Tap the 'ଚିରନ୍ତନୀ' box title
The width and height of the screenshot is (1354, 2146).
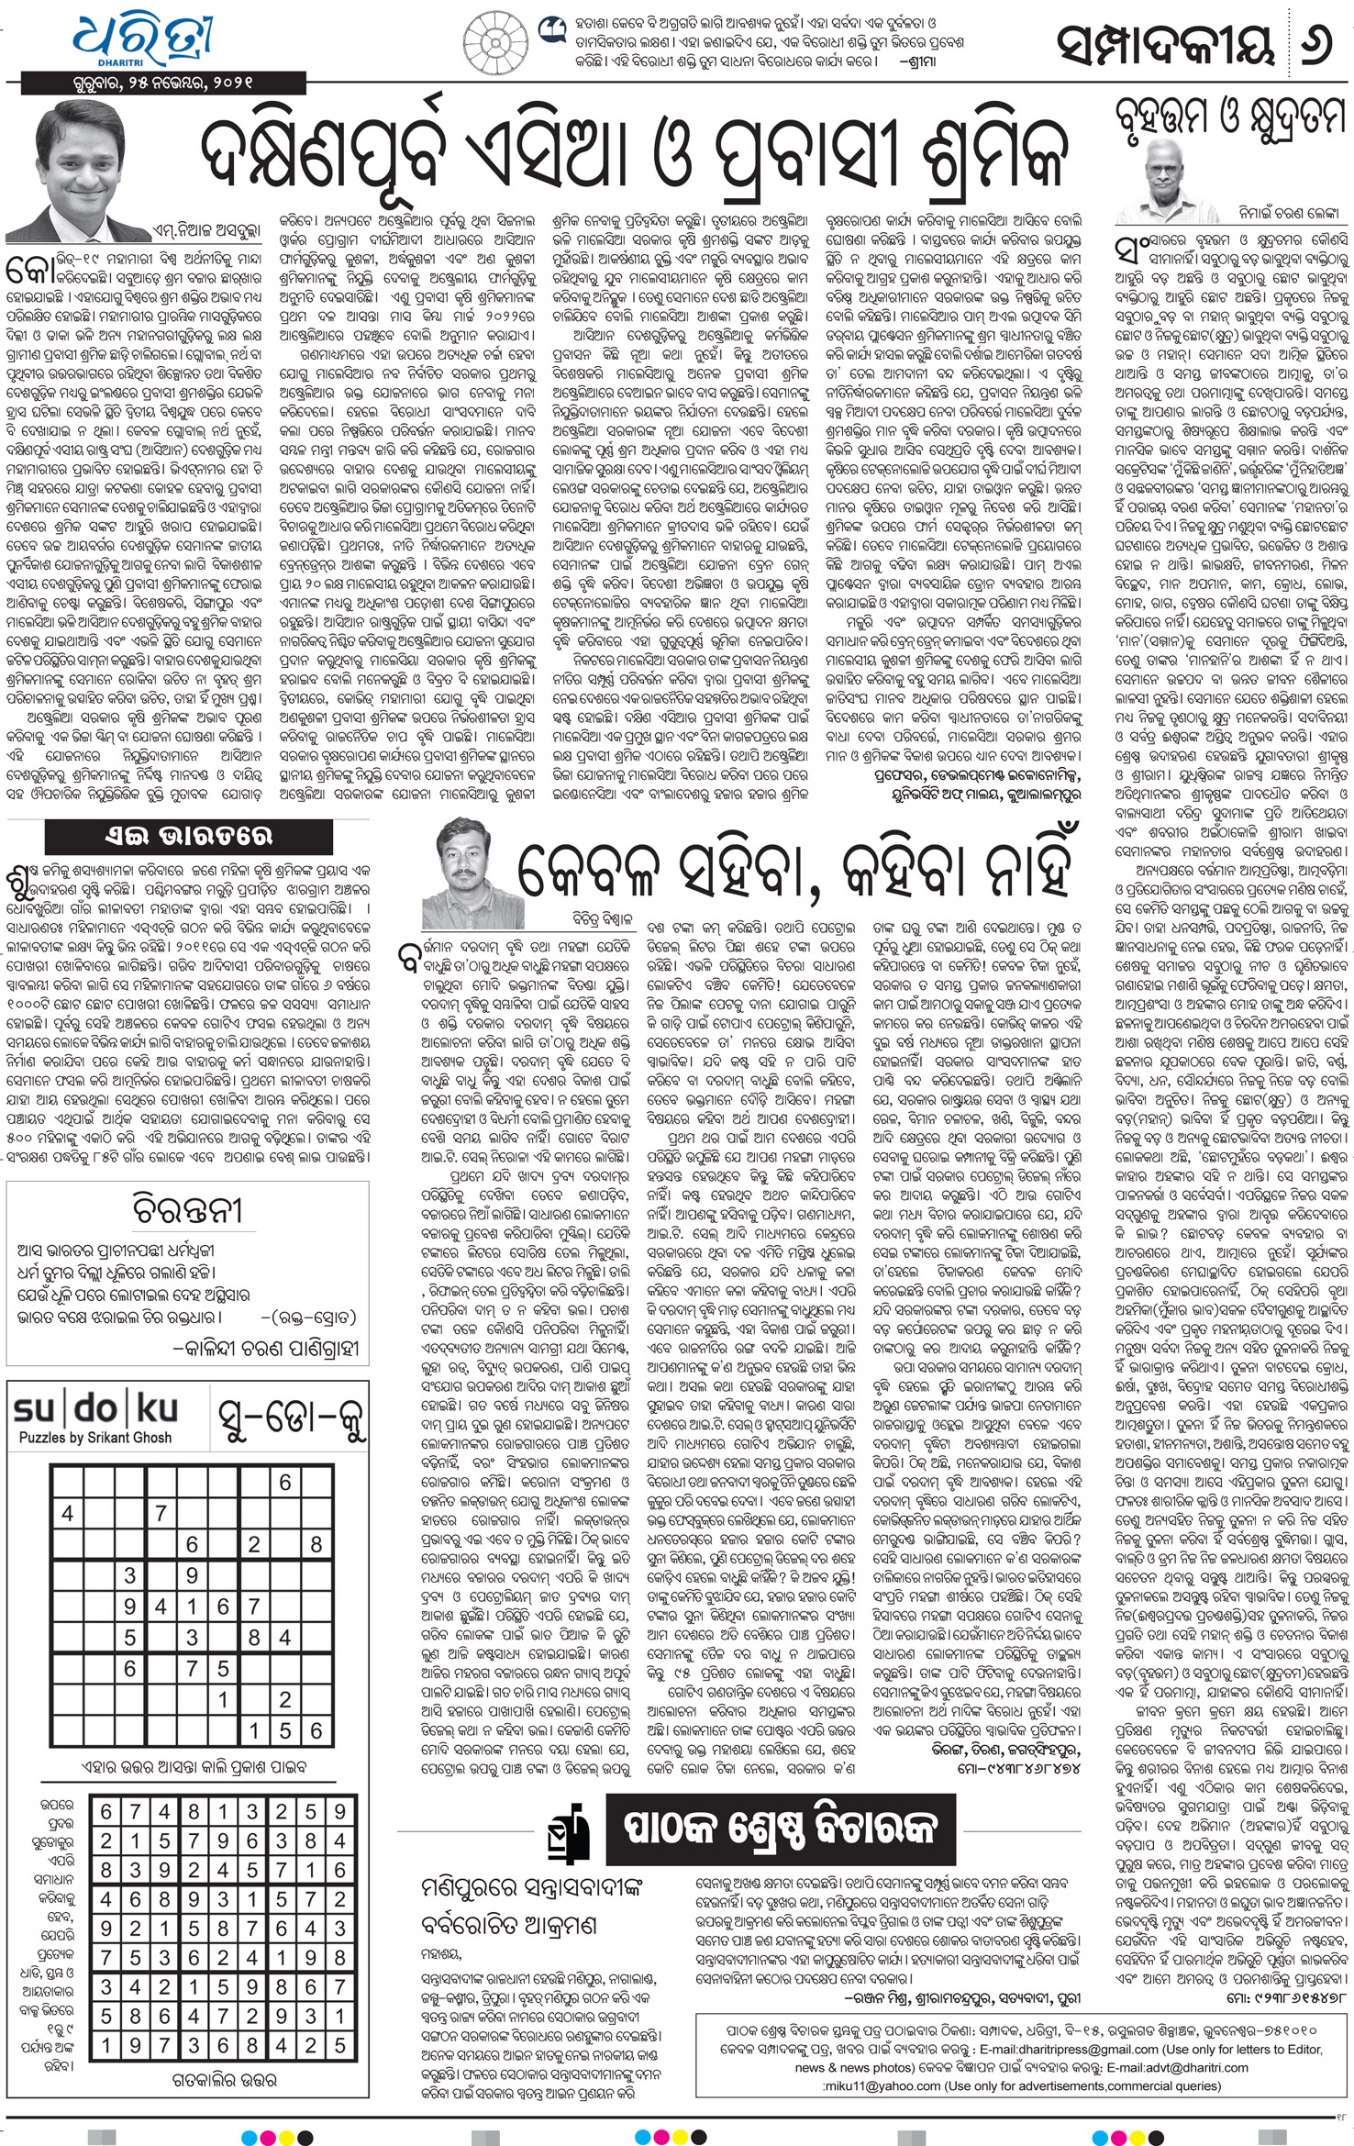point(187,1210)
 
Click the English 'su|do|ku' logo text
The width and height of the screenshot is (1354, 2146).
point(95,1410)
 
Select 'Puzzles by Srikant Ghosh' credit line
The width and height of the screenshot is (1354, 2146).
point(95,1438)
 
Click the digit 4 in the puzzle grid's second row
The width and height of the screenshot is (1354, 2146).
point(67,1513)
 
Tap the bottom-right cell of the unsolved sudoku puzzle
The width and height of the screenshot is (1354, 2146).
point(316,1731)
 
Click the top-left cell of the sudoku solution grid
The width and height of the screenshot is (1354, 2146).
point(106,1812)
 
